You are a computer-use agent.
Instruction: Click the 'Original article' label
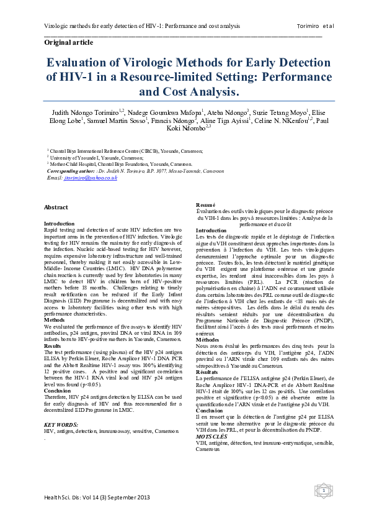68,42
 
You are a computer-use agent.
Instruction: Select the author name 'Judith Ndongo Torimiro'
91,112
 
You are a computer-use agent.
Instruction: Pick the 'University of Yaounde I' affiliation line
79,158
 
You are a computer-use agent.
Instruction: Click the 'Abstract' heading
56,207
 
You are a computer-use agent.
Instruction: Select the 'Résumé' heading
206,205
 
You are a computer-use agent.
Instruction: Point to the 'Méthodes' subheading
207,340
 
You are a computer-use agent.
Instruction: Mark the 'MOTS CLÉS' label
211,437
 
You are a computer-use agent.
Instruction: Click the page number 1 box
323,491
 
